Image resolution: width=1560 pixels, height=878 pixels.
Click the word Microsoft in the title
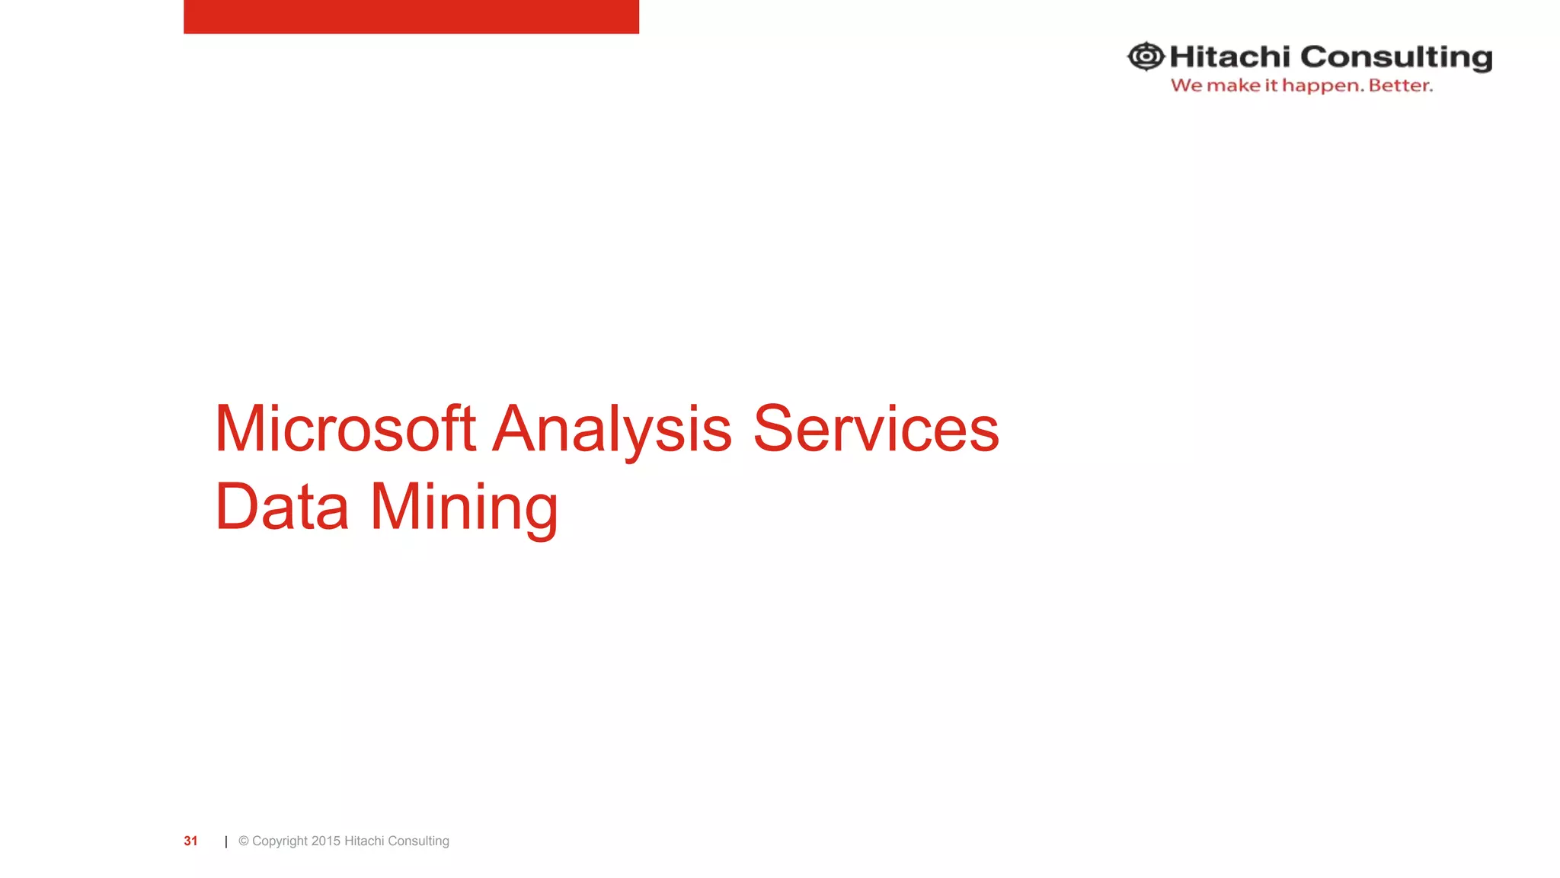tap(345, 428)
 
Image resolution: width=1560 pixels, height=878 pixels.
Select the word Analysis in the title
tap(612, 430)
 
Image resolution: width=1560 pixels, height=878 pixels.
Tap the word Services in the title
tap(875, 428)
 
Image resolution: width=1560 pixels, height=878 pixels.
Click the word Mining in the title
tap(464, 508)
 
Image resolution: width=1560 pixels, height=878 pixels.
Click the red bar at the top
tap(411, 16)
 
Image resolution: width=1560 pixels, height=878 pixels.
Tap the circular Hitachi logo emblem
tap(1146, 56)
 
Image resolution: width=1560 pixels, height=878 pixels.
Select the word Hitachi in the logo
tap(1229, 56)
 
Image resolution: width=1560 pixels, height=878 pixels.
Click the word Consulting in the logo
tap(1396, 58)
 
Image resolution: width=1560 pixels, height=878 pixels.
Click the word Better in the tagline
tap(1400, 85)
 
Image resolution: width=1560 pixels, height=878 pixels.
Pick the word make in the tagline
tap(1234, 85)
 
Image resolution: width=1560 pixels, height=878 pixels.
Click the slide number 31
tap(190, 841)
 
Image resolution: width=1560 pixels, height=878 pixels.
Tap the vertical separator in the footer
tap(226, 841)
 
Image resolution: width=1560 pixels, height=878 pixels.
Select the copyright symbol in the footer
tap(244, 841)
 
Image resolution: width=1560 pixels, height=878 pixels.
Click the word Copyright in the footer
tap(280, 841)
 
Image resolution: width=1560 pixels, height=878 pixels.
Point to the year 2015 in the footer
tap(326, 841)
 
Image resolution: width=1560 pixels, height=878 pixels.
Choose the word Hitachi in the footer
tap(364, 841)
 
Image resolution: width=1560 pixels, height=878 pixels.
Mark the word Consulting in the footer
tap(418, 841)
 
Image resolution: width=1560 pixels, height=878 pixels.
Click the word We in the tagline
tap(1187, 85)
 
